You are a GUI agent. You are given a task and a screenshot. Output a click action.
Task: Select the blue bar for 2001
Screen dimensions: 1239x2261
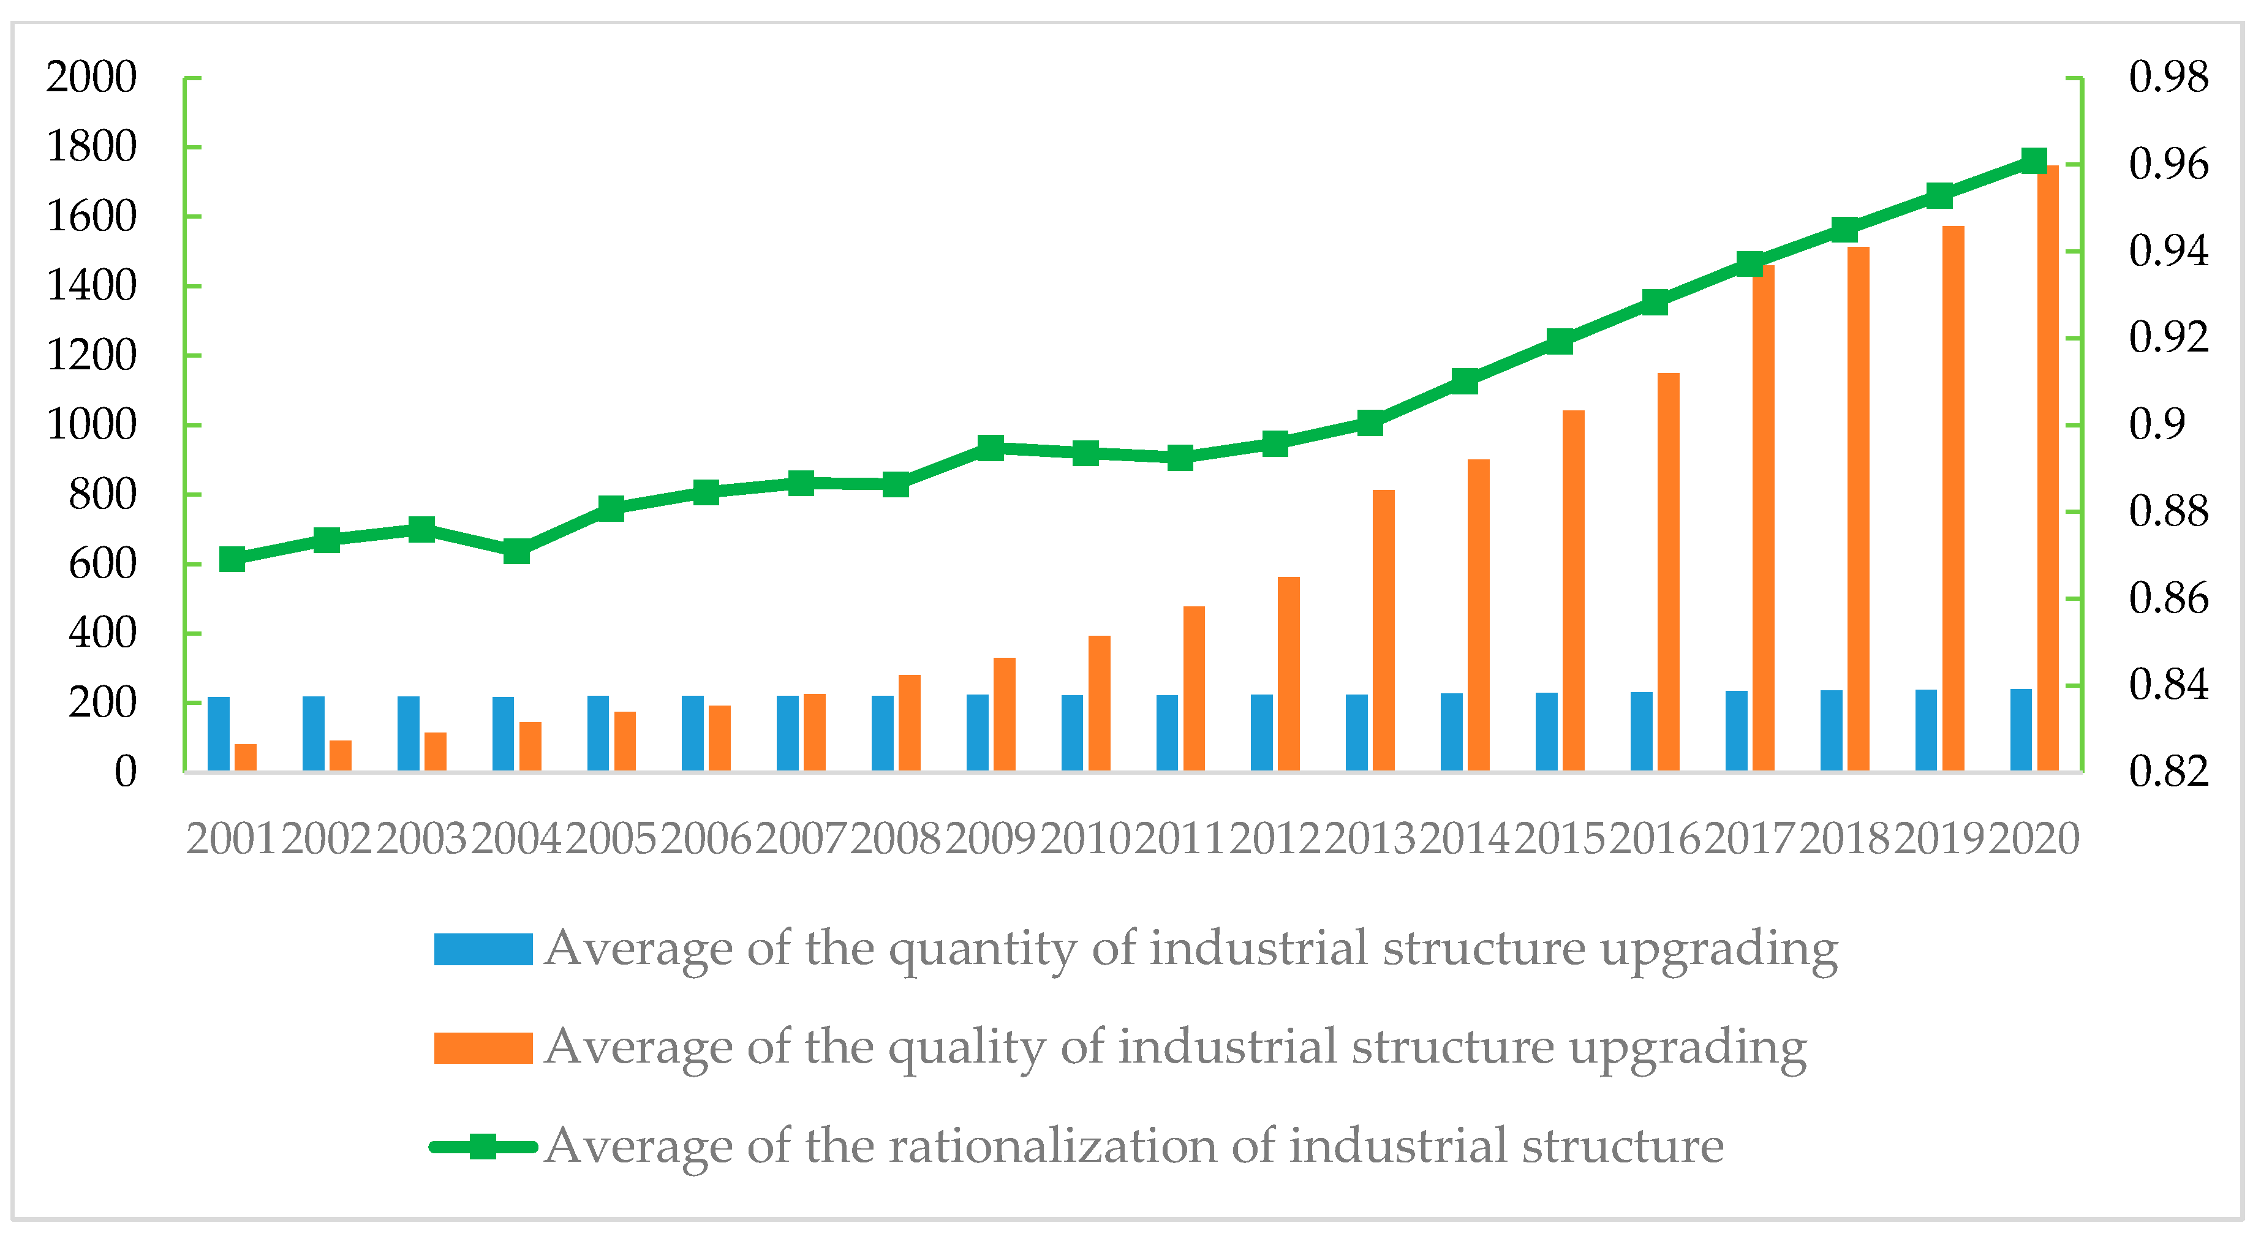219,734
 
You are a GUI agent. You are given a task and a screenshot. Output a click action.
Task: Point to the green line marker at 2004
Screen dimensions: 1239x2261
517,552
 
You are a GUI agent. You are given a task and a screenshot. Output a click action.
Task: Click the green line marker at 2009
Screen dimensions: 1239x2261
991,448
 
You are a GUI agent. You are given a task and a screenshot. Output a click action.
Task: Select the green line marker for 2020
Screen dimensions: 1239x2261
2034,160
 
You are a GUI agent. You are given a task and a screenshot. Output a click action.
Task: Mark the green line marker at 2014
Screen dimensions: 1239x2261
1465,380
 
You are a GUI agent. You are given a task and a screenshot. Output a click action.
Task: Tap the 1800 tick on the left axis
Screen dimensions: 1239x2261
91,146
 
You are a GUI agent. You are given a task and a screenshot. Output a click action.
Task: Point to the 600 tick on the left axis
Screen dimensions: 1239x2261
103,563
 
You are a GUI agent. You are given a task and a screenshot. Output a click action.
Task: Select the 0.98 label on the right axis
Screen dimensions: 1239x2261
2168,77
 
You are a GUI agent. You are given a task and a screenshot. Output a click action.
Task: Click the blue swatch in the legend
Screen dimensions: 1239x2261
483,949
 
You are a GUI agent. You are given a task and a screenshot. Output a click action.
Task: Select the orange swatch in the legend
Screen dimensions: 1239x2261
483,1048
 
